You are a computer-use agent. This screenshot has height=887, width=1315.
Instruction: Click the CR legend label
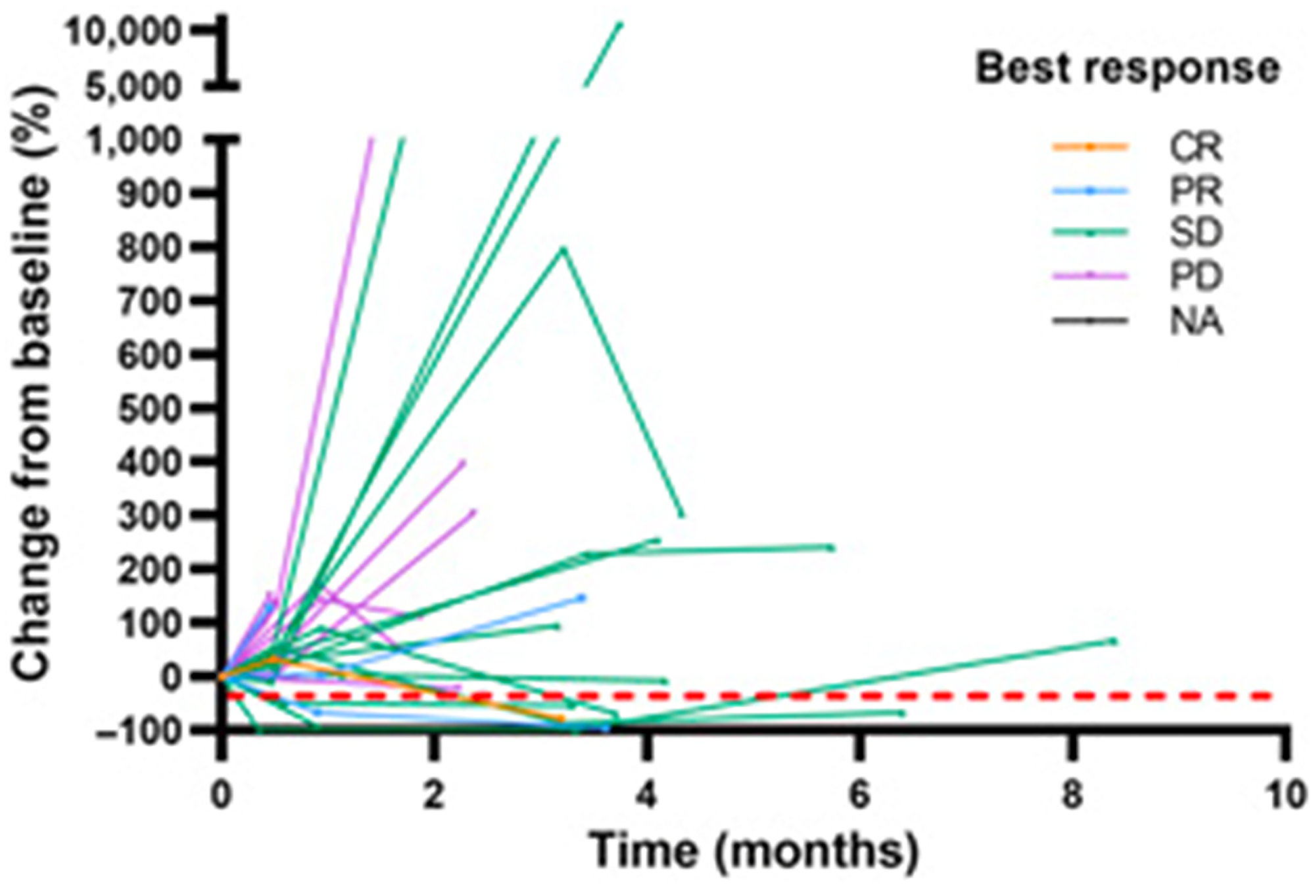tap(1195, 147)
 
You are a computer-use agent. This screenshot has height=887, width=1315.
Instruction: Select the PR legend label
tap(1195, 191)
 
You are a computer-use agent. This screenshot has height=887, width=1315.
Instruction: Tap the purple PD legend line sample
tap(1089, 276)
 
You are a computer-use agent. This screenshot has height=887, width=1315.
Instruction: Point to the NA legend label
tap(1196, 322)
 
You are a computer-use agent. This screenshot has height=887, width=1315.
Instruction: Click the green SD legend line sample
tap(1089, 232)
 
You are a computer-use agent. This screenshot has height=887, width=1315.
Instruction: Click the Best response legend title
tap(1127, 68)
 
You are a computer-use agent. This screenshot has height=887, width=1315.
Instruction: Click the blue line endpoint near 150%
tap(581, 597)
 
